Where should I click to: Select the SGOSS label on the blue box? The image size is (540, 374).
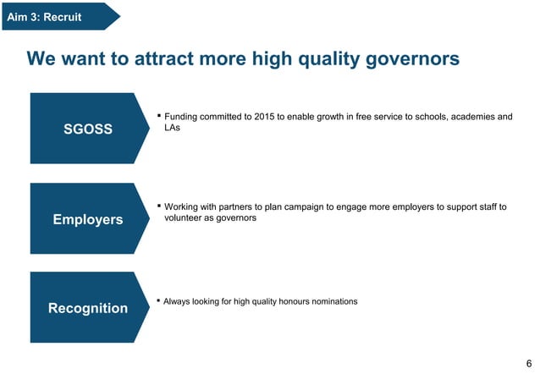88,129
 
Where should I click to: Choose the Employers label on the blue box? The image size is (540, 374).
88,219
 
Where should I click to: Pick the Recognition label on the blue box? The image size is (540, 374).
88,308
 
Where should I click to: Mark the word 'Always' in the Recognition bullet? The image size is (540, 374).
178,301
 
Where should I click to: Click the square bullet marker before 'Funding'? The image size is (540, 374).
158,114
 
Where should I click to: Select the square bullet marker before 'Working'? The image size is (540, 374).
158,205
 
